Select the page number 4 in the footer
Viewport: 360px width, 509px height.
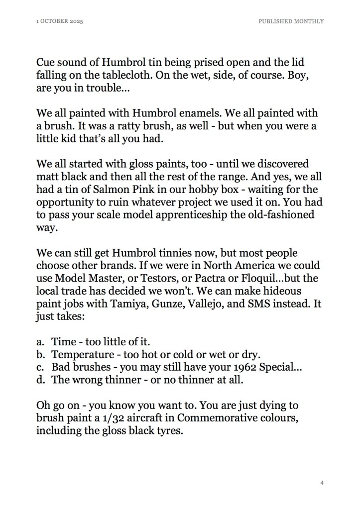click(322, 483)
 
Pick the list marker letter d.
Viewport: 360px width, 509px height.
click(40, 381)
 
